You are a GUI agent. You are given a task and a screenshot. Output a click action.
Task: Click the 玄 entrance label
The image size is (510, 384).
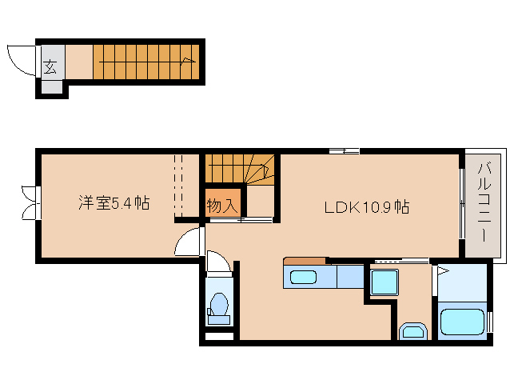pos(50,66)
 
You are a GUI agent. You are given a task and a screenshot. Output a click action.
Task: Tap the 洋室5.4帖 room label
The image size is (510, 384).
pos(113,203)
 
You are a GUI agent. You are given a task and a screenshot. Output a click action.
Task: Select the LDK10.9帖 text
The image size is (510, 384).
pos(367,206)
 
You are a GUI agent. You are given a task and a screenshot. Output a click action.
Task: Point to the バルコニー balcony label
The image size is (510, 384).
pos(484,203)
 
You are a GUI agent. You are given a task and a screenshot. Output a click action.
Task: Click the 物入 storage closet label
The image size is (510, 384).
pos(221,205)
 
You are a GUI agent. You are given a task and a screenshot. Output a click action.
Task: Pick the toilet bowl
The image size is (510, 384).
pos(217,305)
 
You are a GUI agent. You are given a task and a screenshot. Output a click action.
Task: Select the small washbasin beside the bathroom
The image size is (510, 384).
pos(413,331)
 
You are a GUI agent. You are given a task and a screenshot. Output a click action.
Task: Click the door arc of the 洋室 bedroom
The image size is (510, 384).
pos(189,242)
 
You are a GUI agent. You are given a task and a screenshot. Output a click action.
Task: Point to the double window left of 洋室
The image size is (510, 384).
pos(30,202)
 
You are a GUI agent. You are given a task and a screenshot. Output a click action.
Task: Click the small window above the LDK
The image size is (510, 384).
pos(344,150)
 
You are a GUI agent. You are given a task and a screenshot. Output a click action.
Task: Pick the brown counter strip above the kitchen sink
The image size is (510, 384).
pos(305,261)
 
